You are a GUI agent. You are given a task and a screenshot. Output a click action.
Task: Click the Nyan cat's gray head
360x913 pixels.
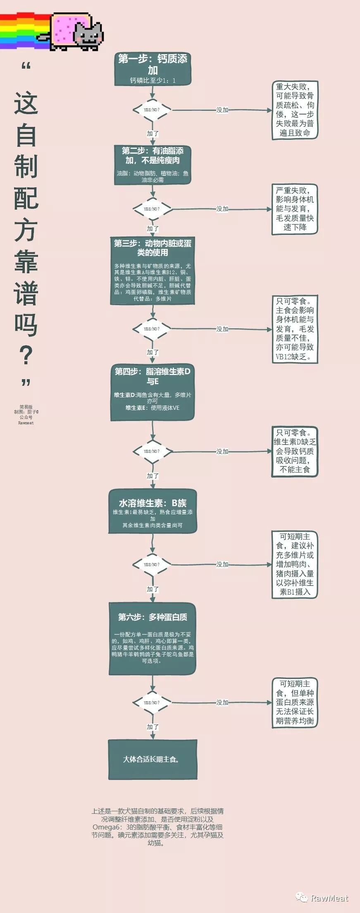coord(88,35)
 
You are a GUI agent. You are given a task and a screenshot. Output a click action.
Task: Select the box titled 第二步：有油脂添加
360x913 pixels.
coord(153,164)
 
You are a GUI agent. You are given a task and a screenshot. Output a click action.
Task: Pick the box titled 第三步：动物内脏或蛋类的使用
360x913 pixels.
coord(153,271)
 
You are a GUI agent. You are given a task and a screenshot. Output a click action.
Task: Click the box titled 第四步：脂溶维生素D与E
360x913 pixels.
coord(153,393)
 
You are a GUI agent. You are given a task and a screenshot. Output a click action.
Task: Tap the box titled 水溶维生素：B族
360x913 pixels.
coord(153,511)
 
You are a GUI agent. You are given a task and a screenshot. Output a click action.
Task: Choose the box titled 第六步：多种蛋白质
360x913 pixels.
coord(153,638)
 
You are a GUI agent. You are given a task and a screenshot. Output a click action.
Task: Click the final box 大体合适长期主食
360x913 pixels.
coord(153,760)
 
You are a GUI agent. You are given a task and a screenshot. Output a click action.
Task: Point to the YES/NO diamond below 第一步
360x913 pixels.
coord(153,110)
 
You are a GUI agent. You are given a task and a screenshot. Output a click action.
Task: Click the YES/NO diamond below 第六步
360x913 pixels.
coord(153,703)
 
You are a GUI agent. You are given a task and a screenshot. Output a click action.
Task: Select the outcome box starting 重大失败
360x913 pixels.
coord(295,110)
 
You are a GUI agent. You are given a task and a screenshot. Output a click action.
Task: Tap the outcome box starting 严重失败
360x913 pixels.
coord(295,209)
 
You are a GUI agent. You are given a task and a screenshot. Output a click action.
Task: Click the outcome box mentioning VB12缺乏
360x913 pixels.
coord(295,329)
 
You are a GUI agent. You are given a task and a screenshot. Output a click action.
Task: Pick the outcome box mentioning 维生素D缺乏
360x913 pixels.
coord(295,451)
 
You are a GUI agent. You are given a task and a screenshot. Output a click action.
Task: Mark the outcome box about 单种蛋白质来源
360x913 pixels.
coord(295,703)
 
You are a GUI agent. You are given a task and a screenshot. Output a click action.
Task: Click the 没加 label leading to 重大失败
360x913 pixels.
coord(222,110)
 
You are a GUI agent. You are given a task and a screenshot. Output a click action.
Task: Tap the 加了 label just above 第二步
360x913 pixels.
coord(153,134)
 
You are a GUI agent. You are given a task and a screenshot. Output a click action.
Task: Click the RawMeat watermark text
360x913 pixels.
coord(329,898)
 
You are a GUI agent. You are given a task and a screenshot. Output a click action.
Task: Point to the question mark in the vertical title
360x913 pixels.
coord(26,356)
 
